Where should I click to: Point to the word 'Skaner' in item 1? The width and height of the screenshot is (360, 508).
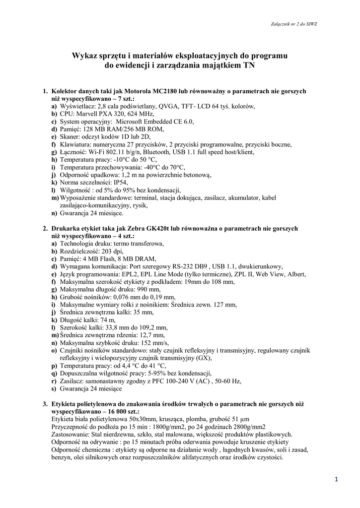click(69, 137)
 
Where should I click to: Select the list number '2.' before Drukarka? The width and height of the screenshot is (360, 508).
click(45, 229)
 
